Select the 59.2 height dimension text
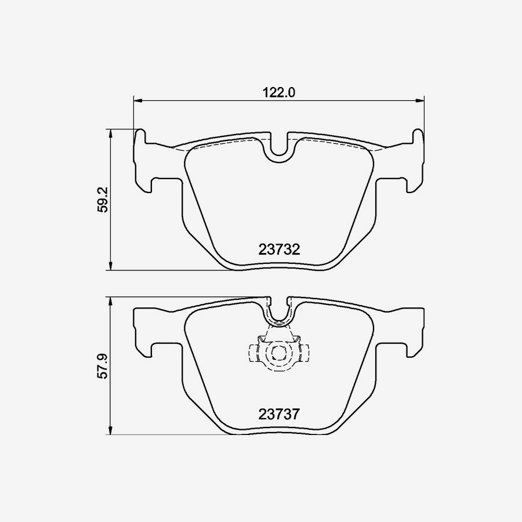coord(103,200)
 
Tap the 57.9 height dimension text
coord(103,366)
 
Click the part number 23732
coord(279,249)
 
